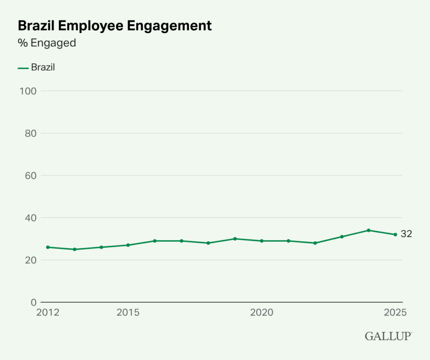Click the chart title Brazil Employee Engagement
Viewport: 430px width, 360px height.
click(114, 26)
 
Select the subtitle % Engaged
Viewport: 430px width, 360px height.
click(47, 43)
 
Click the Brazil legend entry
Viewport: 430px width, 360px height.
click(37, 68)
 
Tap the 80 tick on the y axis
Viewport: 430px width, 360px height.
click(31, 133)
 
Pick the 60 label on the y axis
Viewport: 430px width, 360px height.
click(31, 175)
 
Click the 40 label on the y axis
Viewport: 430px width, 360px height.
click(31, 218)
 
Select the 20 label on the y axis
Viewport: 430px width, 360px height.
click(31, 260)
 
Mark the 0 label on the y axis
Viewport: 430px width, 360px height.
click(34, 302)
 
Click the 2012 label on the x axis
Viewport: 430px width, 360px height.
click(48, 313)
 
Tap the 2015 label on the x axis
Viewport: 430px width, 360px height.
click(128, 313)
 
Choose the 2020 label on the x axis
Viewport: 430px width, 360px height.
click(262, 313)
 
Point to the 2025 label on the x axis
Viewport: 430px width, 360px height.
click(395, 313)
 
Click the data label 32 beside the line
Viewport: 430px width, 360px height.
click(406, 234)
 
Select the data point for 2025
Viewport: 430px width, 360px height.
click(395, 235)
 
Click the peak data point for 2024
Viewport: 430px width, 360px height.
click(368, 230)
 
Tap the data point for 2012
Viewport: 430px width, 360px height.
click(48, 247)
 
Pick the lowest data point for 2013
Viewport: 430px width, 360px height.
click(75, 249)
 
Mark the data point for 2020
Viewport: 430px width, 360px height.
click(262, 241)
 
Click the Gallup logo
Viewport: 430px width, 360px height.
click(388, 336)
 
